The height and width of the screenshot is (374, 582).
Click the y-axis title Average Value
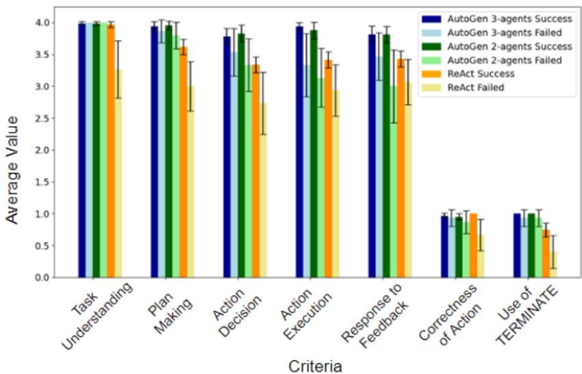coord(12,150)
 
